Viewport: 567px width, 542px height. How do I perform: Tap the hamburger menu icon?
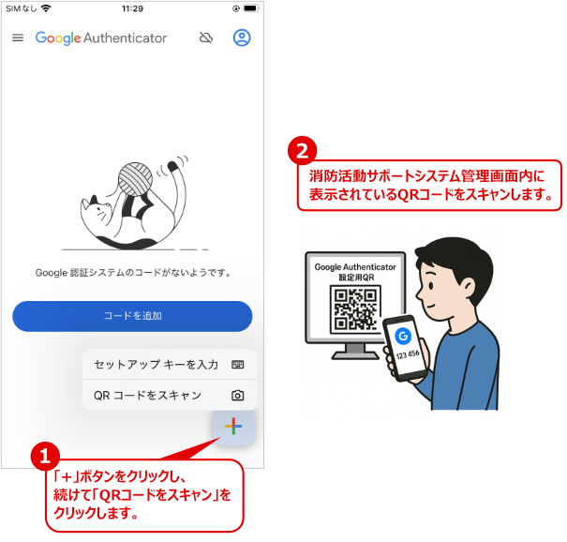(18, 38)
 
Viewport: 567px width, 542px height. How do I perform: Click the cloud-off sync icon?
(206, 38)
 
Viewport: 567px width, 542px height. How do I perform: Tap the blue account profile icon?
(242, 38)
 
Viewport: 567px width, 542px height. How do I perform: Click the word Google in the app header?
(58, 38)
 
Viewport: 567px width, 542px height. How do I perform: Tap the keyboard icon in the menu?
(237, 365)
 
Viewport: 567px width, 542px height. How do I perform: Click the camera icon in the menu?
(237, 395)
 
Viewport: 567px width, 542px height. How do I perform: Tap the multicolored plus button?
(233, 427)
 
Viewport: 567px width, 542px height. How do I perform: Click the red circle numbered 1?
(45, 457)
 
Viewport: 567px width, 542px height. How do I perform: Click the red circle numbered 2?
(303, 151)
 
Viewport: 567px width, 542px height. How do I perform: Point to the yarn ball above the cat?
(135, 179)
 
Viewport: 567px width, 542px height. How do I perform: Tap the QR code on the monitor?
(355, 309)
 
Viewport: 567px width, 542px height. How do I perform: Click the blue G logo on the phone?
(403, 336)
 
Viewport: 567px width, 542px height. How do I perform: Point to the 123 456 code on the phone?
(408, 354)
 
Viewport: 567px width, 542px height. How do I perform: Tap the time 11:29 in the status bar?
(132, 8)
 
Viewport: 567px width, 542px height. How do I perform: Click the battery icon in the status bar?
(251, 8)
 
